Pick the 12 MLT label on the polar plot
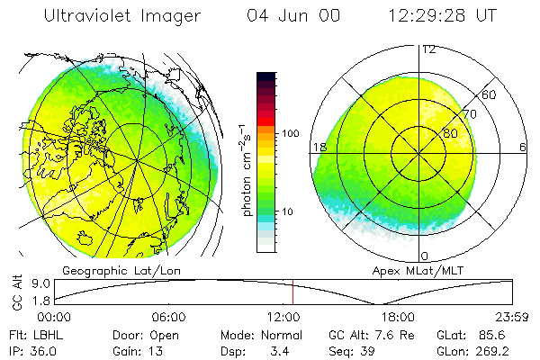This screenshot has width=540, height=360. pos(428,49)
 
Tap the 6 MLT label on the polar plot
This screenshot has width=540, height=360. pos(523,148)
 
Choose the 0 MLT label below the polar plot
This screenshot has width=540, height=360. pos(425,256)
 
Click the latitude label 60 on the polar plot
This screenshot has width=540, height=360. pos(490,94)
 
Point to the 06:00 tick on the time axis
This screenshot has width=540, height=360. pos(168,318)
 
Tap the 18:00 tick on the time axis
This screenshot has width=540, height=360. pos(398,318)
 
